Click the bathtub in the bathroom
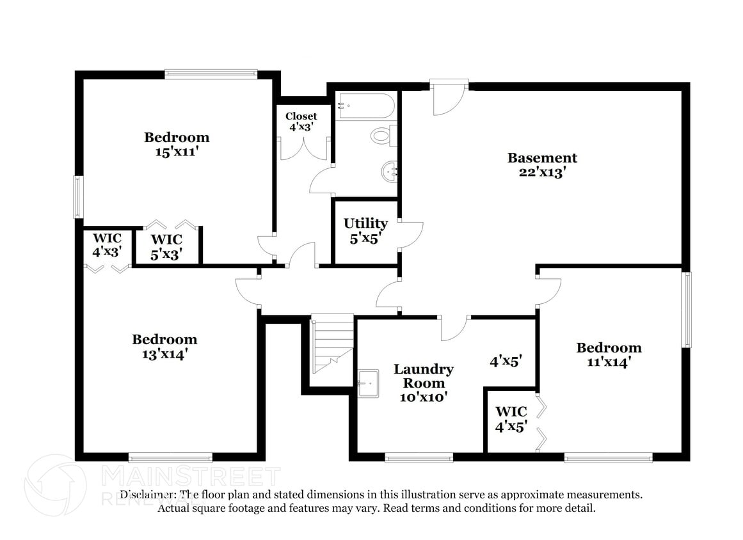pos(367,106)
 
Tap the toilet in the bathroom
pos(383,136)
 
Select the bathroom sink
pos(390,171)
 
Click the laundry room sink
pos(368,383)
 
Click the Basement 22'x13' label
pos(542,164)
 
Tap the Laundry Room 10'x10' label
pos(423,383)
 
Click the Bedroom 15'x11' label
pos(176,144)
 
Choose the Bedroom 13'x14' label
pos(164,346)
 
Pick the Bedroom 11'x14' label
pos(609,354)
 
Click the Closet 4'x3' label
pos(301,121)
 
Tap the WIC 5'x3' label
pos(166,246)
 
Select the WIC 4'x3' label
pos(107,245)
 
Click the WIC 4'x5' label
pos(511,418)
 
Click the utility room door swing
pos(410,235)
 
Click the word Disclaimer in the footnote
pos(147,495)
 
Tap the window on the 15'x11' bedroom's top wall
pos(211,74)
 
